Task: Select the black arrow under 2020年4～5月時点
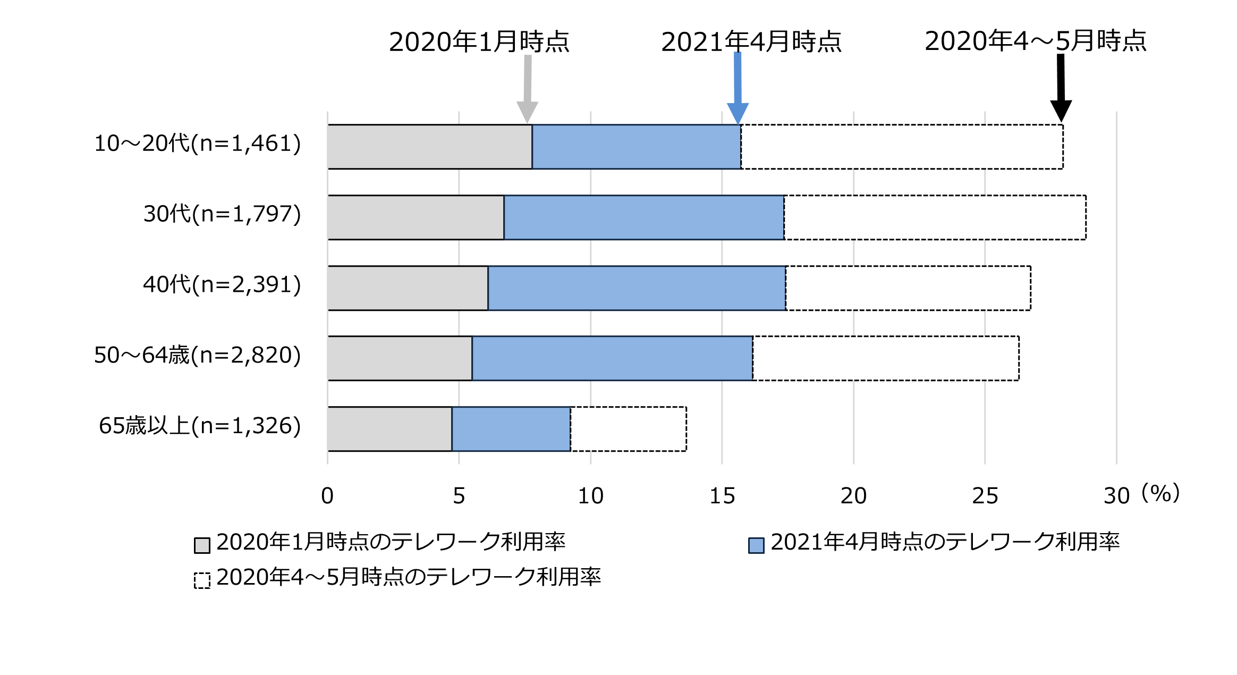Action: pos(1061,88)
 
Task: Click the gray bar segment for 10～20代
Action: pos(429,147)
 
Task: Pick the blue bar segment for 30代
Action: pos(643,217)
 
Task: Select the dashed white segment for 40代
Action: pos(908,288)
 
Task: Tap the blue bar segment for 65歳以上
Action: pos(511,429)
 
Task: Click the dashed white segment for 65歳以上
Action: pos(628,429)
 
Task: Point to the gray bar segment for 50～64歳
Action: pos(400,358)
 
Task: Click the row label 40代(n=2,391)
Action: pos(222,284)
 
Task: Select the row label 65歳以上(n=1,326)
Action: pos(200,426)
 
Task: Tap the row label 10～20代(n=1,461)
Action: pos(197,144)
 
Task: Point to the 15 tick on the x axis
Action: pos(722,496)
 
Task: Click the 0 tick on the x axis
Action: pos(327,496)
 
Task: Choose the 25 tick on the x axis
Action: pos(985,496)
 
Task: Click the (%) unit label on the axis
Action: pos(1161,493)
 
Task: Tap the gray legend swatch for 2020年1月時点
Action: pos(202,545)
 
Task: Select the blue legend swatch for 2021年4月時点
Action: pos(756,545)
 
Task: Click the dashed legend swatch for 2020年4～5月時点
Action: pos(202,580)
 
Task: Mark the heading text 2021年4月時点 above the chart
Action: pos(751,41)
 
